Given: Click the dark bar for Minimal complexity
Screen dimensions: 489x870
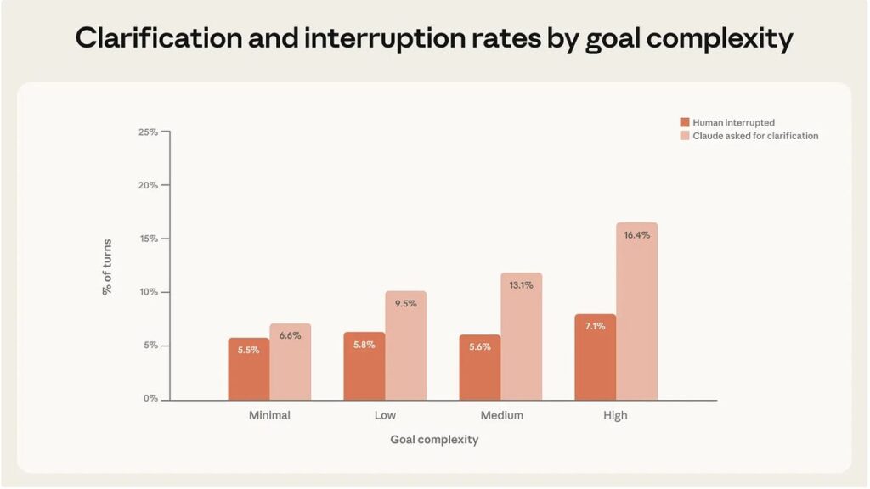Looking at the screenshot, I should [248, 369].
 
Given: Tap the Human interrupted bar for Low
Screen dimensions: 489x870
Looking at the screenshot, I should [364, 366].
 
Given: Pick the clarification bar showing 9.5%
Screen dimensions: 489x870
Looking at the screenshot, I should [405, 346].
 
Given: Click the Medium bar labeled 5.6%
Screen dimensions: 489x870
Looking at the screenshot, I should [479, 368].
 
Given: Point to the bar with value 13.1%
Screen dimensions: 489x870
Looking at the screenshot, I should [521, 336].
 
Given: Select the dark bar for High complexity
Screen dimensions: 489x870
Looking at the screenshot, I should [595, 357].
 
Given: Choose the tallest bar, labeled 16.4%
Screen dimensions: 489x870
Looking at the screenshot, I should [636, 312].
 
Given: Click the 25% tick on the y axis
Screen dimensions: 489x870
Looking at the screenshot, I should [148, 132].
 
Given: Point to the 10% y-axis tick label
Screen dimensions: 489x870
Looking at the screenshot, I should [148, 292].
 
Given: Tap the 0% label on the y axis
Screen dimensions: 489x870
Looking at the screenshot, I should [150, 399].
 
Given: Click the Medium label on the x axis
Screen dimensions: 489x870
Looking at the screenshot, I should [501, 416].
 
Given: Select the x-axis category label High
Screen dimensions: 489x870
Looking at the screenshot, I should [615, 416].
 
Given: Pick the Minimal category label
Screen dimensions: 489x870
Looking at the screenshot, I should [269, 416].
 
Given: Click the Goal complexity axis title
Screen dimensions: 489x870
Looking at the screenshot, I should [434, 440].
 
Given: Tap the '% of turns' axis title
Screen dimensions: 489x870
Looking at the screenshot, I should [108, 266].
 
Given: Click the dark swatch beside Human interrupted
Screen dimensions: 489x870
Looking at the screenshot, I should [685, 123].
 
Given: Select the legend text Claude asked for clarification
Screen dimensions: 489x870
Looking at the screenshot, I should [755, 136].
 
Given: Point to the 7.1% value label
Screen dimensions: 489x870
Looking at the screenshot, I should [595, 326].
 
